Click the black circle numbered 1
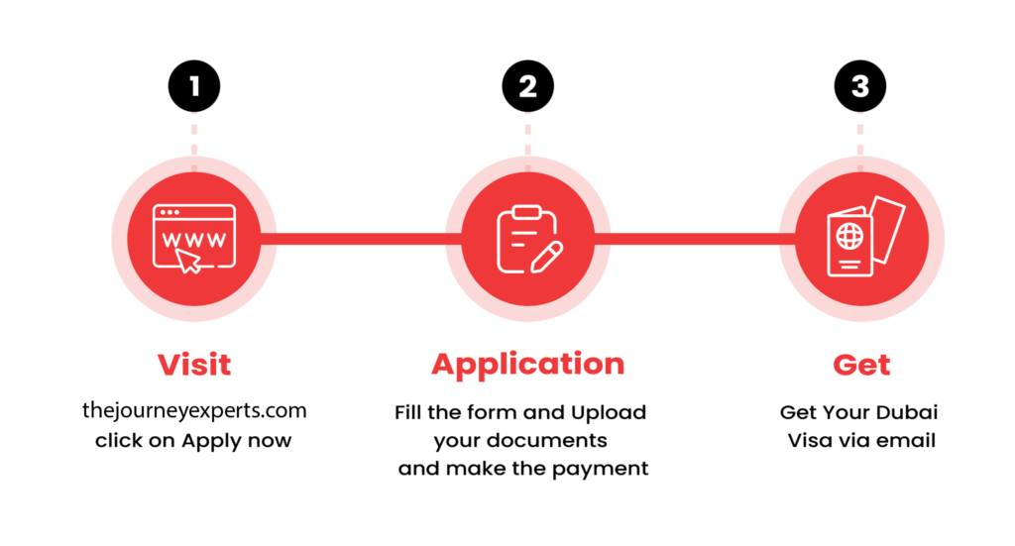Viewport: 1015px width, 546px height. click(194, 86)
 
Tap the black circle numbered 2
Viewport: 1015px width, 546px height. click(527, 86)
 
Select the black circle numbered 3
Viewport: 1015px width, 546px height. click(860, 86)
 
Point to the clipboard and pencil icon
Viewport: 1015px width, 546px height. click(529, 239)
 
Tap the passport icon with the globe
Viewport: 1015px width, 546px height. click(865, 236)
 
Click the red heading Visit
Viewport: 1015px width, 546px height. click(194, 365)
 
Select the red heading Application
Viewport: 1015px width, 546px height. click(527, 366)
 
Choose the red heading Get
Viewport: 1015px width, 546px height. click(861, 365)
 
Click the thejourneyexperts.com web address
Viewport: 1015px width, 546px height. click(194, 411)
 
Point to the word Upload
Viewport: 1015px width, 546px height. click(609, 413)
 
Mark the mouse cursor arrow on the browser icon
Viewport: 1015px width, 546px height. click(188, 261)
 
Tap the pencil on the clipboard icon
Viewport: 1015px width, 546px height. click(547, 258)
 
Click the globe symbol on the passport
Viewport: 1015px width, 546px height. click(849, 236)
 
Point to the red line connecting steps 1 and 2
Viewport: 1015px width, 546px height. click(361, 240)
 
